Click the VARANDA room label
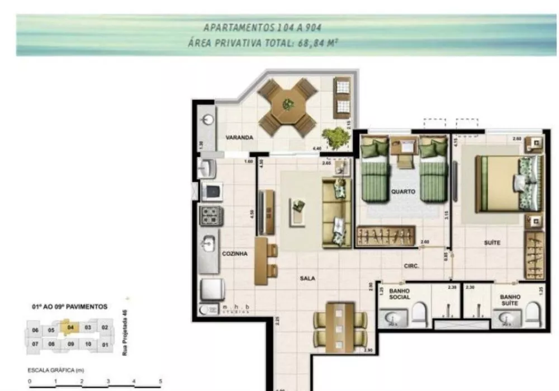click(240, 137)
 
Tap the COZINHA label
click(234, 253)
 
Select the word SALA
click(307, 277)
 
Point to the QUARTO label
click(403, 191)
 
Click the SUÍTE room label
click(492, 243)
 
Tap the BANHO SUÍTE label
click(510, 300)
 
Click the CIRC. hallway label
click(412, 266)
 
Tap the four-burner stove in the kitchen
click(212, 215)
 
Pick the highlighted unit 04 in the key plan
click(70, 328)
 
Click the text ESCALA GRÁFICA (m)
click(56, 370)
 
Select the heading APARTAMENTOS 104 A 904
click(262, 27)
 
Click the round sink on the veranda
click(208, 119)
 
